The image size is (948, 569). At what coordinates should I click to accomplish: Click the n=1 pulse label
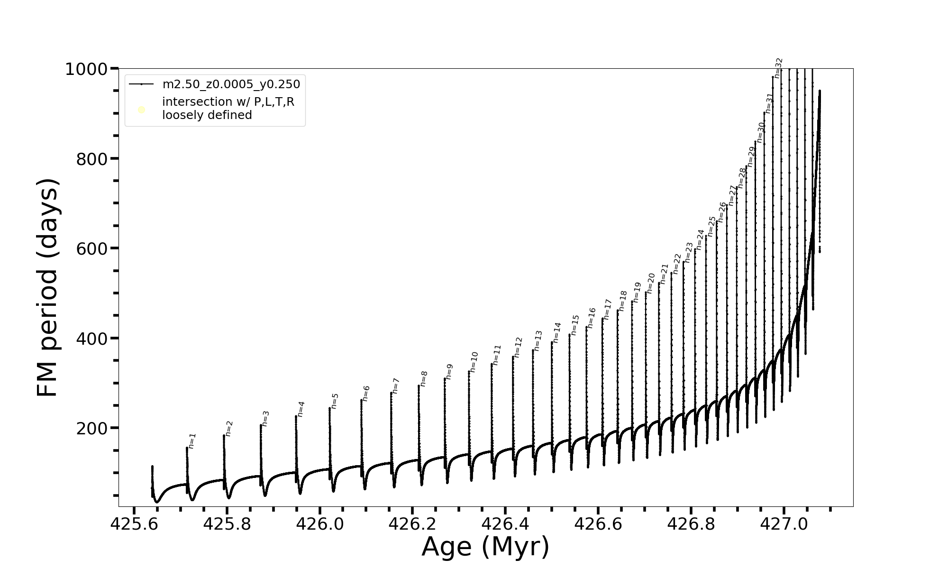coord(192,441)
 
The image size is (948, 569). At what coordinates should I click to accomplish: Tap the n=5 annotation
coord(335,401)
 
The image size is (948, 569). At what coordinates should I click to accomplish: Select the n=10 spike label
coord(474,362)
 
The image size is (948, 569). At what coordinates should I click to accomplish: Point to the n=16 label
coord(591,318)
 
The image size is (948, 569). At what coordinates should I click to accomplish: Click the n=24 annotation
coord(700,239)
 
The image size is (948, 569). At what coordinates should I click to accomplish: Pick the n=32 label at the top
coord(778,68)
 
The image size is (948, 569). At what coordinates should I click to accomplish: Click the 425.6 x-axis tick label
coord(134,524)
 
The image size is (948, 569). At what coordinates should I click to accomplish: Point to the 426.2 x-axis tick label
coord(412,524)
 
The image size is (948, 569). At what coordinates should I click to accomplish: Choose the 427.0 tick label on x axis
coord(784,524)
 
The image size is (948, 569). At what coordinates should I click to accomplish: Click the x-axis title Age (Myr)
coord(485,547)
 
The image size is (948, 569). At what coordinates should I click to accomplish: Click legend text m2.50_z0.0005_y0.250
coord(231,84)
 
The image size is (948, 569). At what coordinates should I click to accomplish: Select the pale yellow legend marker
coord(141,110)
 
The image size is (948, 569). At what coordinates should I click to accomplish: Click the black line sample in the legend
coord(141,84)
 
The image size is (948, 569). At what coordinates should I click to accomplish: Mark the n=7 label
coord(396,386)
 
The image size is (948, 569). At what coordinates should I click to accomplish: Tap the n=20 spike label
coord(651,283)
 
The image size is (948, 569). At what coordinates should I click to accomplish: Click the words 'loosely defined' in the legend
coord(207,115)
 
